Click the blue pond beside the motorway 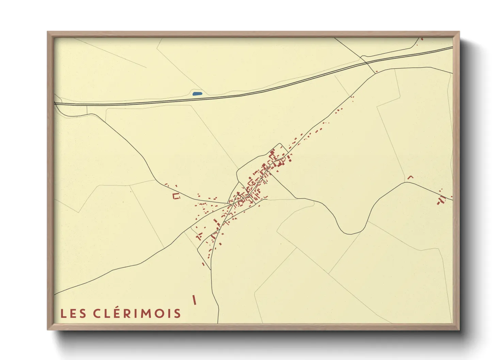(x=197, y=94)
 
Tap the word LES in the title (x=73, y=313)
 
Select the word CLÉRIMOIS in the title (x=137, y=313)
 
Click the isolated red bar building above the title (x=194, y=300)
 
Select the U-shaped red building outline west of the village (x=176, y=196)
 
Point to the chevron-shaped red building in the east (x=410, y=177)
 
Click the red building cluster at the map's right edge (x=441, y=200)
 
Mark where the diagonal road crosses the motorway (x=366, y=63)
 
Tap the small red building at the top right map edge (x=422, y=39)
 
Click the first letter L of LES (x=63, y=313)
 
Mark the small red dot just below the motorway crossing (x=377, y=71)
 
